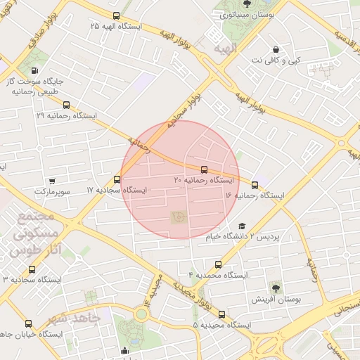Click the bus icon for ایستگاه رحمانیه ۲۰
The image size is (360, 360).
pyautogui.click(x=204, y=169)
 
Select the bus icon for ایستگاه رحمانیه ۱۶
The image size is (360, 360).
pyautogui.click(x=255, y=186)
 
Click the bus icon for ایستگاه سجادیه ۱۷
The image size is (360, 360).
pyautogui.click(x=117, y=179)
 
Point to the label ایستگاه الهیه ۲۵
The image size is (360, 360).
pyautogui.click(x=116, y=26)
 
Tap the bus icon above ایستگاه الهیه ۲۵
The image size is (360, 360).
pyautogui.click(x=116, y=15)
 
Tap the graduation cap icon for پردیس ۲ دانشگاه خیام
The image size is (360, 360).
pyautogui.click(x=242, y=226)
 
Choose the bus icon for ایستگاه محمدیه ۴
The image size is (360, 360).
pyautogui.click(x=218, y=265)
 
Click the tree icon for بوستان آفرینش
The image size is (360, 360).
pyautogui.click(x=274, y=287)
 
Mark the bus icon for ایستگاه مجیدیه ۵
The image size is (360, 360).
pyautogui.click(x=221, y=314)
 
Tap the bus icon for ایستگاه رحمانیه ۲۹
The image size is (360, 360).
pyautogui.click(x=66, y=105)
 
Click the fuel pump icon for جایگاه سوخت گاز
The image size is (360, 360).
pyautogui.click(x=34, y=70)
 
